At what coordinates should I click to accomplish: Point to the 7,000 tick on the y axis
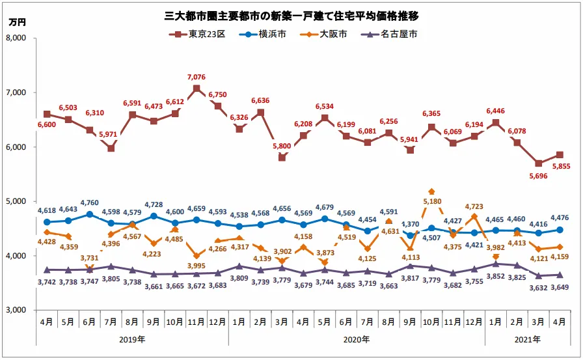click(x=23, y=92)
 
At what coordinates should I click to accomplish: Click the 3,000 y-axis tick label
click(x=23, y=311)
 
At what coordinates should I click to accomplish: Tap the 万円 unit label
click(x=18, y=22)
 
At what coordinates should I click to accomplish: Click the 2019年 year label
click(x=133, y=339)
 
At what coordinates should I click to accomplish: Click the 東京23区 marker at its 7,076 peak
click(x=197, y=89)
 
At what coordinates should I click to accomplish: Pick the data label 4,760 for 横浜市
click(x=89, y=202)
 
